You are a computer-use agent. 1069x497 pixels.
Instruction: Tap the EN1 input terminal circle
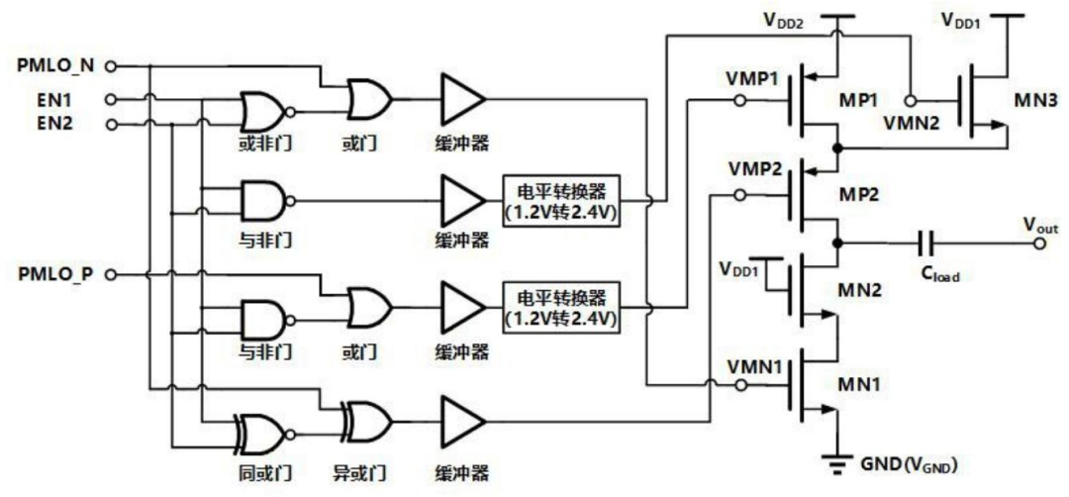point(111,100)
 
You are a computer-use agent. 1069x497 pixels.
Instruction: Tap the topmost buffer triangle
point(463,100)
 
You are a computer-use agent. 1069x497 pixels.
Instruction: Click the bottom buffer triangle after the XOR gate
point(463,422)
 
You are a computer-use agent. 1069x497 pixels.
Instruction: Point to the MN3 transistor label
point(1039,102)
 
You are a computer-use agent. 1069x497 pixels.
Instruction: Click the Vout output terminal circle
point(1039,243)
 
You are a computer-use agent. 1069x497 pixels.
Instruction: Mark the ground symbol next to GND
point(837,464)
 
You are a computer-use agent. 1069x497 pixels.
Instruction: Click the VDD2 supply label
point(783,21)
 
